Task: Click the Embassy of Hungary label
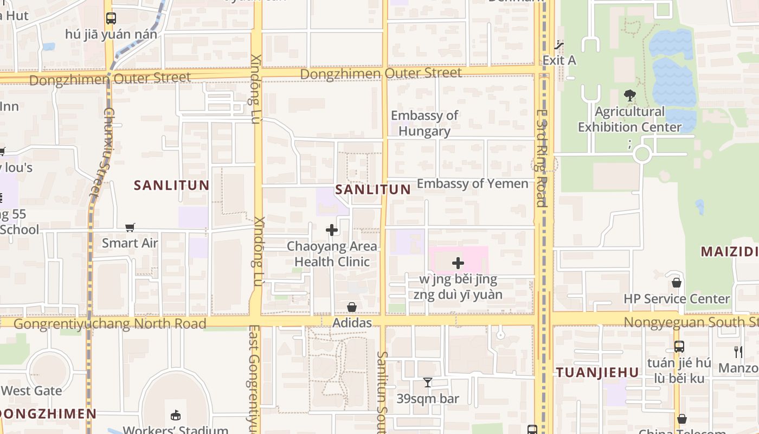pos(424,123)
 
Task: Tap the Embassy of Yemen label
pos(472,183)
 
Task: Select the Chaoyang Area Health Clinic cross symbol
pos(332,230)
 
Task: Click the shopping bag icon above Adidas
pos(352,307)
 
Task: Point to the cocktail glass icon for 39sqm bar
pos(428,382)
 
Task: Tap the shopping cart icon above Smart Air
pos(130,227)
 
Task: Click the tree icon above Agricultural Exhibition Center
pos(629,96)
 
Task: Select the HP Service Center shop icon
pos(677,283)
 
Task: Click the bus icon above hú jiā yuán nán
pos(111,18)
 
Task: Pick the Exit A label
pos(559,60)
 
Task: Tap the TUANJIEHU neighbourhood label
pos(597,372)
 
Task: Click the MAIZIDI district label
pos(729,252)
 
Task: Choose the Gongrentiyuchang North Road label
pos(110,324)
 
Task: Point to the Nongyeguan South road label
pos(691,322)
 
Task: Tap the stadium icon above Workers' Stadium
pos(175,416)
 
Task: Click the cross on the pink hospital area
pos(458,263)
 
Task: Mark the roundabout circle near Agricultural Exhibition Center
pos(642,154)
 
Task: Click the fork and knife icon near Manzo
pos(738,352)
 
